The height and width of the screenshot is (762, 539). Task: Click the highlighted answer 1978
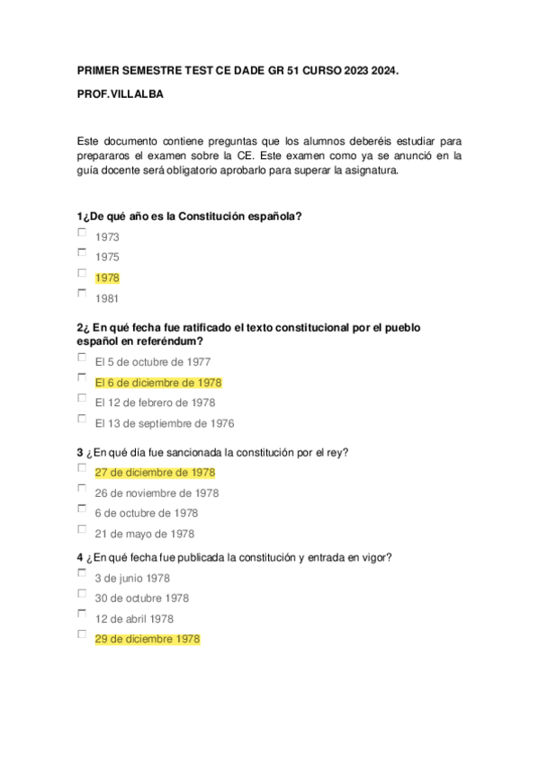pos(107,278)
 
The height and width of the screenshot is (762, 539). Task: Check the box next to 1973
pos(82,232)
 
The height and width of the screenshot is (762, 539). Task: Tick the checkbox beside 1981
pos(82,293)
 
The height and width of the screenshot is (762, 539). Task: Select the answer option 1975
pos(107,257)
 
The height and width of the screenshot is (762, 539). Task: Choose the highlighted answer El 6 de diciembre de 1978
pos(157,382)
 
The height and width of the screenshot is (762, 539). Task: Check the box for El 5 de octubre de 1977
pos(82,357)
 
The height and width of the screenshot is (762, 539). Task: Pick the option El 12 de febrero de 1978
pos(154,403)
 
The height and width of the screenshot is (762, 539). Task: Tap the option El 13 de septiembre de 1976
pos(164,423)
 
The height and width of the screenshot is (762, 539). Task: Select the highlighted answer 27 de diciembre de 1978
pos(155,472)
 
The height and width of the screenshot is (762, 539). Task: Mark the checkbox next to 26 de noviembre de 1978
pos(82,488)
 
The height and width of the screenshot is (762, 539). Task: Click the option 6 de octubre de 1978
pos(146,513)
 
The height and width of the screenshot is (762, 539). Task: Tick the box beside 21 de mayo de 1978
pos(82,529)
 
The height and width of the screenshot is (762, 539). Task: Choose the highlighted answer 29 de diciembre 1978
pos(147,639)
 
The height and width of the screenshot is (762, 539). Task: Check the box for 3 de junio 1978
pos(82,572)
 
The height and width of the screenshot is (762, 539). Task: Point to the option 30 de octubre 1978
pos(141,598)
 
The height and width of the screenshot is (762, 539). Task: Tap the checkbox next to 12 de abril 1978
pos(82,614)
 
